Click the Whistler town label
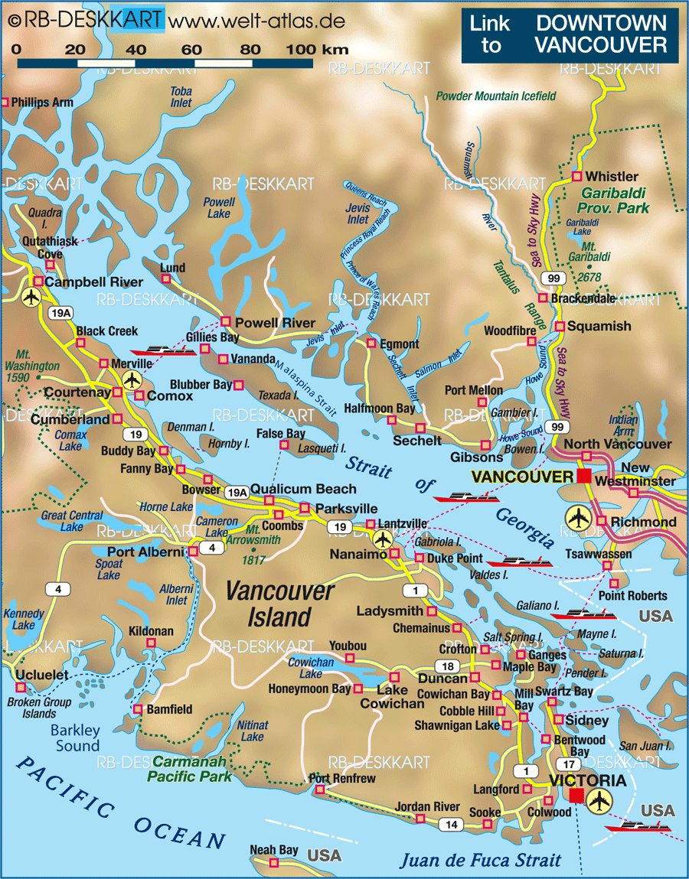coord(612,177)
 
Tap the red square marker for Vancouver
coord(585,477)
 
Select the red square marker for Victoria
coord(576,796)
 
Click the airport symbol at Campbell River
coord(32,296)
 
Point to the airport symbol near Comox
coord(132,379)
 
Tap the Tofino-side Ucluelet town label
coord(41,676)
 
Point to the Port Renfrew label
coord(342,779)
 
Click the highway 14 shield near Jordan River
coord(452,824)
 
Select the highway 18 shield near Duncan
coord(448,666)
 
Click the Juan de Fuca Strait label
coord(481,860)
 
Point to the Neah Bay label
coord(274,850)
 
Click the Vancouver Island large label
coord(280,604)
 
